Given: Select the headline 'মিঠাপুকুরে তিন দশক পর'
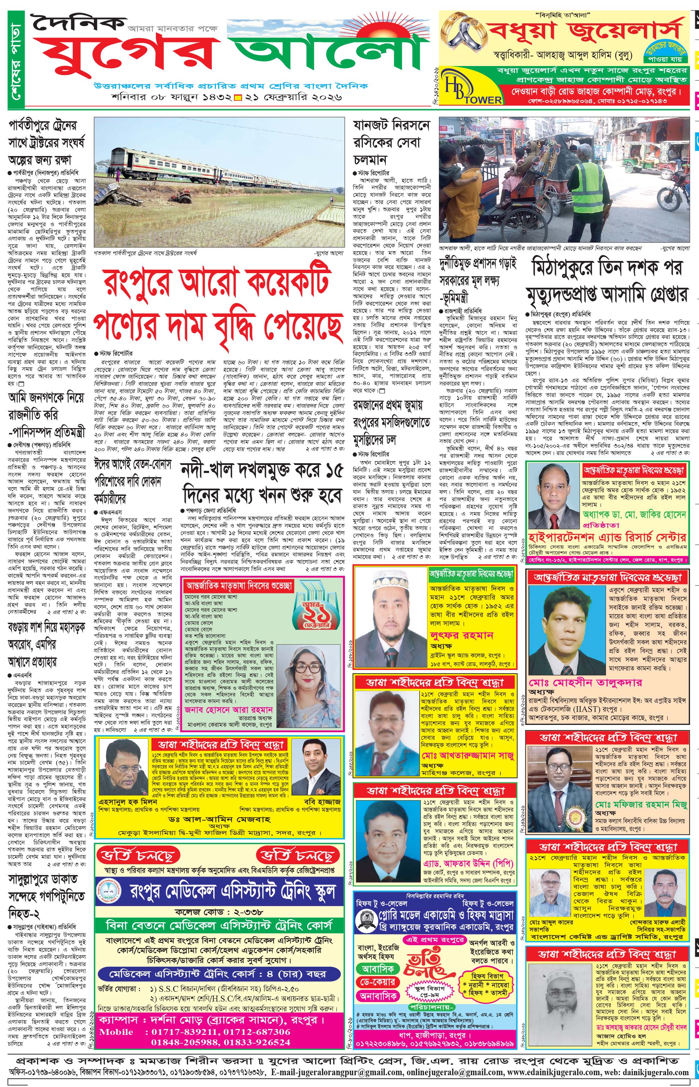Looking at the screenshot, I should [x=607, y=269].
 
